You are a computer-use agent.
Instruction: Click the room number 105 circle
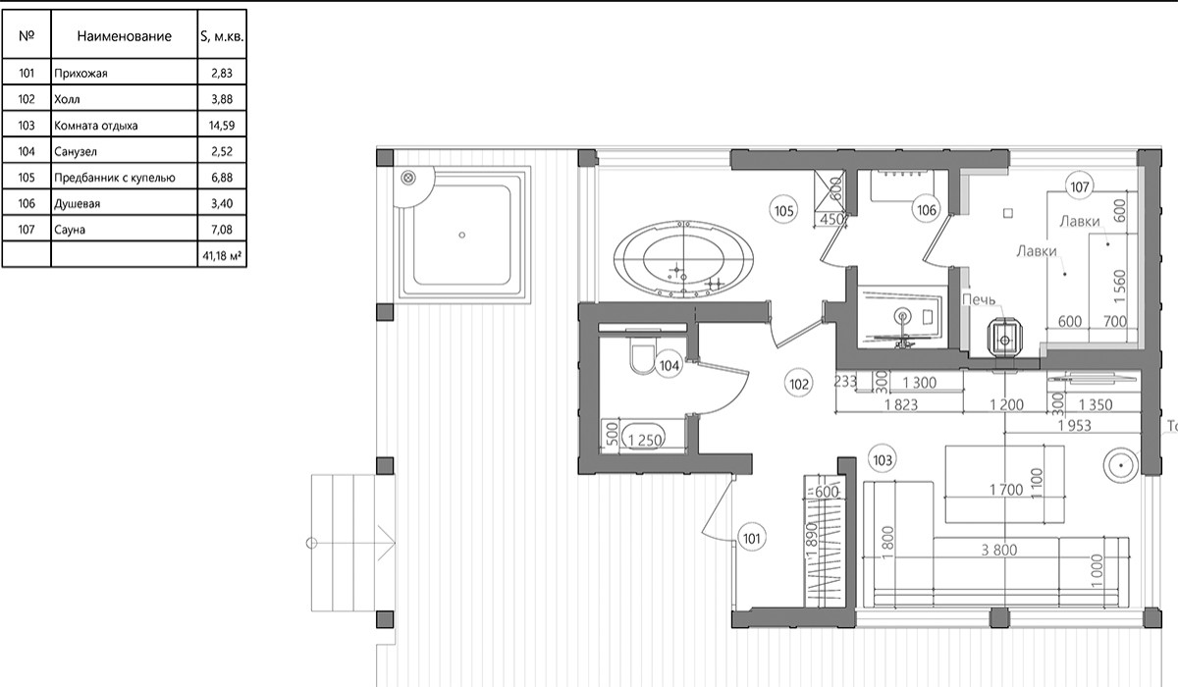coord(783,211)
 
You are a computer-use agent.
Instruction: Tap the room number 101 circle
coord(752,538)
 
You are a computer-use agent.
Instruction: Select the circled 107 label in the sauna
coord(1080,186)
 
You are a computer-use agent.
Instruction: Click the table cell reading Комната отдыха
coord(96,126)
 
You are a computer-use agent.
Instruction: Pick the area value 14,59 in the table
coord(222,126)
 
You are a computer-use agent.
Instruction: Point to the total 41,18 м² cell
coord(222,256)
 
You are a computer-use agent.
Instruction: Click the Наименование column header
coord(124,36)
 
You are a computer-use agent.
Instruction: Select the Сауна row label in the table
coord(70,230)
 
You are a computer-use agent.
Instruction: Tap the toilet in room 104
coord(642,357)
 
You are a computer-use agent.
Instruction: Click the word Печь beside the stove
coord(979,300)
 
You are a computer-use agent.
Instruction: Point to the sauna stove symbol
coord(1004,340)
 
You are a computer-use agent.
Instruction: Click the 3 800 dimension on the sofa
coord(999,550)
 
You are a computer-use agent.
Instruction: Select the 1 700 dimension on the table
coord(1006,490)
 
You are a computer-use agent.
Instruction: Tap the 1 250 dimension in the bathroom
coord(645,440)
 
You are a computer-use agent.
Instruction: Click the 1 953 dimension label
coord(1074,425)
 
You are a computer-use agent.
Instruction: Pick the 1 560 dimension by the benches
coord(1120,287)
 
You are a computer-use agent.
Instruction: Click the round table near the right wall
coord(1121,466)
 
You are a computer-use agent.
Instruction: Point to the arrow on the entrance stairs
coord(351,543)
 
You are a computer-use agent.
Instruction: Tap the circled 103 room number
coord(883,460)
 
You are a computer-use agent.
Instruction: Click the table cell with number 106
coord(27,203)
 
